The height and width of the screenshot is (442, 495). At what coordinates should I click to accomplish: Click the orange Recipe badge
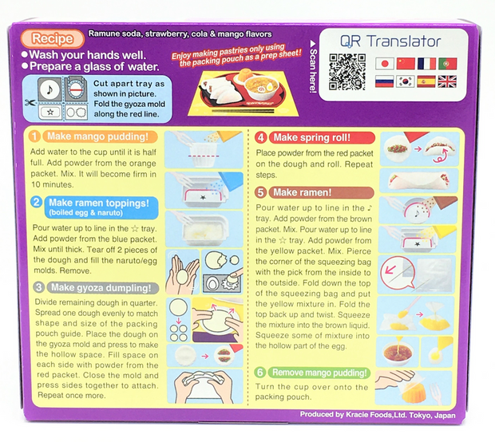(53, 38)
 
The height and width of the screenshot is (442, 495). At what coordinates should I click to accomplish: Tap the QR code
(347, 72)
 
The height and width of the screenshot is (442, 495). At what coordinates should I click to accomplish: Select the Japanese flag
(385, 63)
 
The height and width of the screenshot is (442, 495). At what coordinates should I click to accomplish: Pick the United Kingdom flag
(447, 81)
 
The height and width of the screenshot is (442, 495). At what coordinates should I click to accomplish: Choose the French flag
(426, 63)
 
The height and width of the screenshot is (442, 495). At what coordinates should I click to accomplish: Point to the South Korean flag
(406, 81)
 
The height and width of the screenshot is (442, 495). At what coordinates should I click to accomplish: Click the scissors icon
(30, 103)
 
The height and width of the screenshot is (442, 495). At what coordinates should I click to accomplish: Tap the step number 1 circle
(34, 136)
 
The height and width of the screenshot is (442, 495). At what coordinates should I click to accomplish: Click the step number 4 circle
(261, 137)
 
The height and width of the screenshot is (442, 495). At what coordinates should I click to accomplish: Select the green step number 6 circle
(260, 373)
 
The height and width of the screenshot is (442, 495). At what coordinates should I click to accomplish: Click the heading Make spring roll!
(312, 137)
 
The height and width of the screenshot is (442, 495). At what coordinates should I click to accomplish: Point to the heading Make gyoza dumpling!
(101, 288)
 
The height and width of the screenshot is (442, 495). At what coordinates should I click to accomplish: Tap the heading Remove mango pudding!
(319, 373)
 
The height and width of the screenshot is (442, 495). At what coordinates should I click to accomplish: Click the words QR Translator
(390, 41)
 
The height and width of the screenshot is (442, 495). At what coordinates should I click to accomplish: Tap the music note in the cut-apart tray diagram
(49, 89)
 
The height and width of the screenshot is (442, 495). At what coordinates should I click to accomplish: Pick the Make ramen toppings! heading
(99, 203)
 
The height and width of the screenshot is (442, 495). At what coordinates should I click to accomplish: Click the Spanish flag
(426, 81)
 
